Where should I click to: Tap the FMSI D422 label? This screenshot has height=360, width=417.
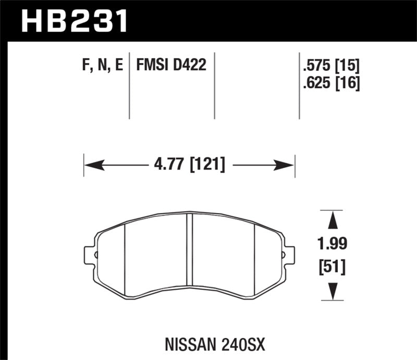[x=171, y=66]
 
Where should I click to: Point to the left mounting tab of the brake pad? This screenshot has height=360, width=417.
[x=90, y=255]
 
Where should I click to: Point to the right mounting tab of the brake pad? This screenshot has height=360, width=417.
[x=288, y=255]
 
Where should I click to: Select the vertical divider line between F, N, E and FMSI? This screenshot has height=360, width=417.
[x=129, y=86]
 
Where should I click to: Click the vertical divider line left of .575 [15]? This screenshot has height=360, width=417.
[x=299, y=86]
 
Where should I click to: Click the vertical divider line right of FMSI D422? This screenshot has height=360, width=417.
[x=214, y=86]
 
